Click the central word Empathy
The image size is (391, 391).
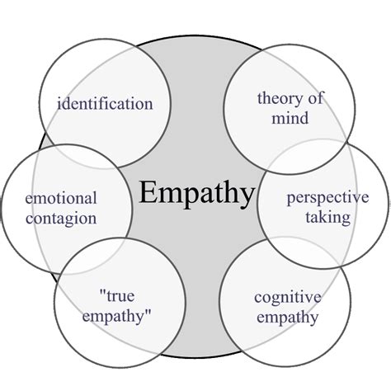point(196,194)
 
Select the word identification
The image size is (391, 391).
point(105,104)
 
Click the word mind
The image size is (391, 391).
point(293,118)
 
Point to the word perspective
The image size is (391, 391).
point(327,199)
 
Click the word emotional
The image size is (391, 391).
point(61,199)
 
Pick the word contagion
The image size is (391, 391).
point(61,219)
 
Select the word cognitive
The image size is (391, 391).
point(286,294)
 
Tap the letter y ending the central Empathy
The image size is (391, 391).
point(245,198)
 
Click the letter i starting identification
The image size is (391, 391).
point(59,104)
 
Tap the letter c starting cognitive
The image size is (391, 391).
point(257,295)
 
